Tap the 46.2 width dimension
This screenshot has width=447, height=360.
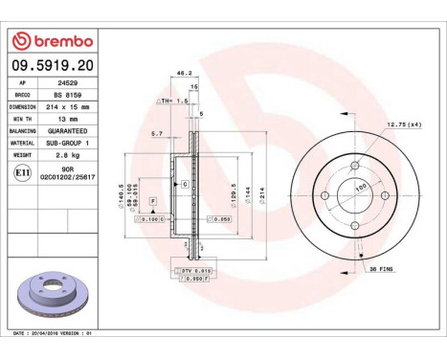(x=180, y=73)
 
